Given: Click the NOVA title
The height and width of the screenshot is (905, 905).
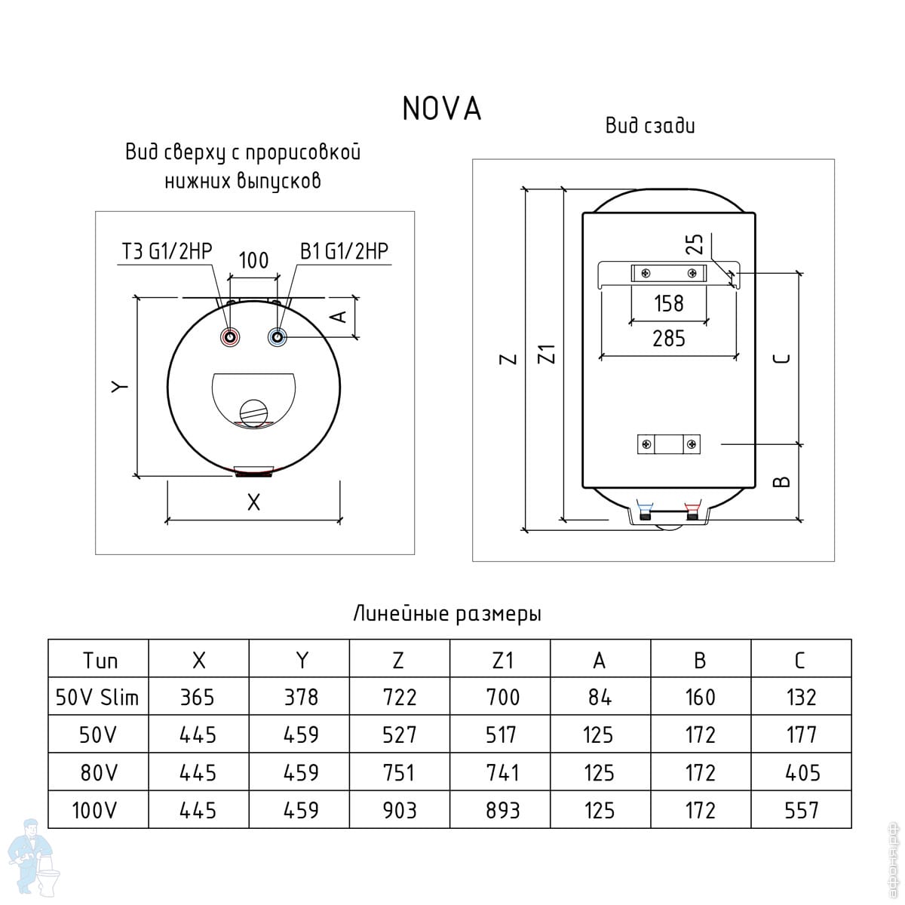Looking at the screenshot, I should (441, 109).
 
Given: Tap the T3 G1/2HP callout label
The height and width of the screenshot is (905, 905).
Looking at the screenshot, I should (167, 251).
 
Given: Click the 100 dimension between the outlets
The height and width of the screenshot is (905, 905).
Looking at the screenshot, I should (253, 261).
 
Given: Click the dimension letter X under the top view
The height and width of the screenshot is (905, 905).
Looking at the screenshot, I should (253, 502).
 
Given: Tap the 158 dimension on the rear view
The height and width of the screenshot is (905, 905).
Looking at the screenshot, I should (668, 303).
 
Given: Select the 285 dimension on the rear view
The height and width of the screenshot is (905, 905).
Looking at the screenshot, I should (668, 339).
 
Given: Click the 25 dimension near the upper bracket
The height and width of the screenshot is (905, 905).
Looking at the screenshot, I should (695, 244).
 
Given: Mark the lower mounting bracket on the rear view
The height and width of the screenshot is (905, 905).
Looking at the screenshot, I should (669, 444).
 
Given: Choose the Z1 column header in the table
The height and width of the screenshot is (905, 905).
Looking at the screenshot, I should (501, 661).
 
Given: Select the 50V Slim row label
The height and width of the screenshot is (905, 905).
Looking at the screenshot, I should (97, 698).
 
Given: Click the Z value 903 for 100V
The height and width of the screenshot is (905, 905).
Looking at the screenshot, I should (399, 811).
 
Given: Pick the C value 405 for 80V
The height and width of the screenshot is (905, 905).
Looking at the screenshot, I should (801, 773).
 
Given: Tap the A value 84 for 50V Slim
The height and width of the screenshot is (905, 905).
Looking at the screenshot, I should (600, 698).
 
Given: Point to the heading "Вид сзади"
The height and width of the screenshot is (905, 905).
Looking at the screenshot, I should (650, 126).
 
